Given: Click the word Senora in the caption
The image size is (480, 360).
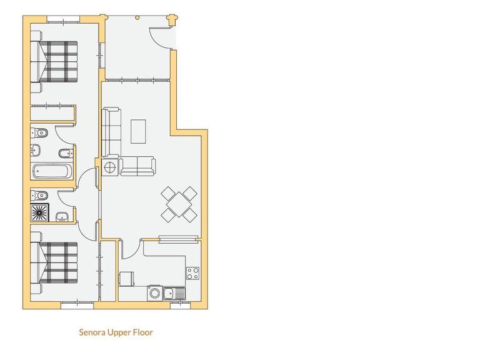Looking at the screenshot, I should tap(91, 332).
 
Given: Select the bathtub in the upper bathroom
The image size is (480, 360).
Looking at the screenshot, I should tap(52, 171).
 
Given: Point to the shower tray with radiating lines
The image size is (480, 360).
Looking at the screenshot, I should tap(41, 212).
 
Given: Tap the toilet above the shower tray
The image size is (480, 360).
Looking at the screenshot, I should tap(39, 194).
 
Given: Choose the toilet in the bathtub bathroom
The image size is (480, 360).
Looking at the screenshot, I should tap(40, 132).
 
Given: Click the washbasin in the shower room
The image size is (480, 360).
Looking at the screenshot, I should tap(62, 217).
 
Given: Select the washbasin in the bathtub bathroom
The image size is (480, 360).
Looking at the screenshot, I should tap(36, 150).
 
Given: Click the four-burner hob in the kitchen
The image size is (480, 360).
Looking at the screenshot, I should tap(192, 273).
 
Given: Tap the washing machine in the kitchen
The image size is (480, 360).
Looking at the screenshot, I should tap(126, 279).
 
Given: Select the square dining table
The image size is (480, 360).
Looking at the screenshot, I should tap(179, 203).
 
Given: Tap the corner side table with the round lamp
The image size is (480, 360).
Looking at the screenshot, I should tap(111, 167).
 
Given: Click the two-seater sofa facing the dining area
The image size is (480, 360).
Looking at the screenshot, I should tap(138, 166).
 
